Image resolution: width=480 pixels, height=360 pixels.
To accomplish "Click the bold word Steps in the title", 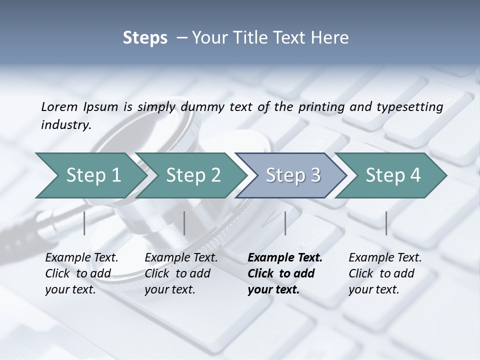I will coord(145,38).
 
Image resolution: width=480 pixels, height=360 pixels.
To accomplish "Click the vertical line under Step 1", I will coord(84,223).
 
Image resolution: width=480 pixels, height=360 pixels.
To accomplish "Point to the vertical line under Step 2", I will coord(184,223).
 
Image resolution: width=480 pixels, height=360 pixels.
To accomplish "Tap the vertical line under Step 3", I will coord(285,223).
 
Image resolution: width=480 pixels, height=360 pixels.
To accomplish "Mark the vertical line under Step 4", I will coord(386,223).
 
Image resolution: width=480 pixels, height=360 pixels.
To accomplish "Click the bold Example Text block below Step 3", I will coord(284,273).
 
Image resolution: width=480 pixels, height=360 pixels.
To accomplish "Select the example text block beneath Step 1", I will coord(81,273).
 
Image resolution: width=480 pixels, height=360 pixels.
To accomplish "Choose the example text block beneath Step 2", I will coord(181,273).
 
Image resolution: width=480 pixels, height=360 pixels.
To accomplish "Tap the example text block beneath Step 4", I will coord(385,273).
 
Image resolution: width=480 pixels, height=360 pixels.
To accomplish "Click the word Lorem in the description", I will coord(59,107).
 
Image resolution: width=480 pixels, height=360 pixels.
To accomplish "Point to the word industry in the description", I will coord(65,125).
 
